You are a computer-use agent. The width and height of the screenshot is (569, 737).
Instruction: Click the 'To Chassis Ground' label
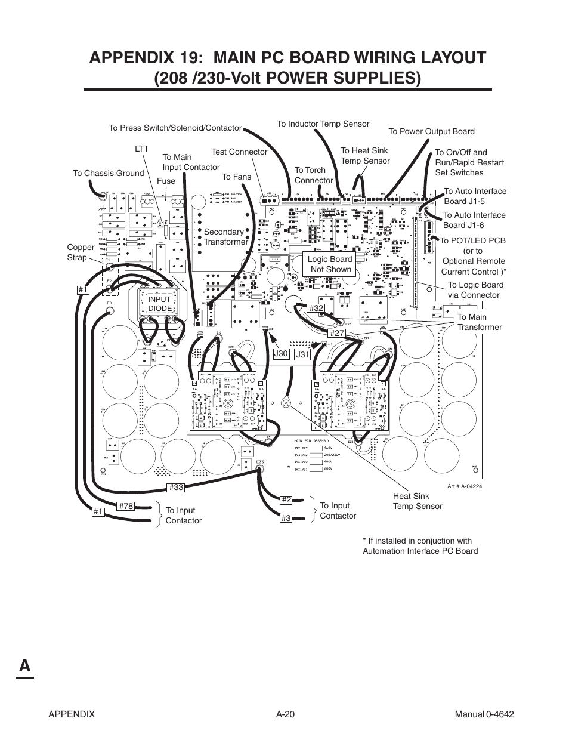108,173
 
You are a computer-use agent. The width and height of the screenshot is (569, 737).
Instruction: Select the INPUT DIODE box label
159,304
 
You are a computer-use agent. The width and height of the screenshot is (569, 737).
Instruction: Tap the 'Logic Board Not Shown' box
330,264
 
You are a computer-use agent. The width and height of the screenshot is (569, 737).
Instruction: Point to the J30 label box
280,354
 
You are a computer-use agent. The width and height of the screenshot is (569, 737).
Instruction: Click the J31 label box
303,354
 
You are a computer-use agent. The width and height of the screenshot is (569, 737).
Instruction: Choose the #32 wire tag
316,308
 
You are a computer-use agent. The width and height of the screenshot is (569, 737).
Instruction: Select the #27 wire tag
337,333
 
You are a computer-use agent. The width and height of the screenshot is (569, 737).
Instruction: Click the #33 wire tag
175,488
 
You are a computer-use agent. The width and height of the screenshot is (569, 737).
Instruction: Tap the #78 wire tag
126,506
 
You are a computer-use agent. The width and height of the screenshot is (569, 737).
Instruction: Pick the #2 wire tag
286,500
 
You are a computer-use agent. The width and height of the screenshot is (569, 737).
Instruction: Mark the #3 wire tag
286,519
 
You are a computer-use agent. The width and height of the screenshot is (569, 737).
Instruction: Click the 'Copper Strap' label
81,252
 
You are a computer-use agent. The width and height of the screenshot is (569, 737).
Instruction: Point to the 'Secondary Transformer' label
225,237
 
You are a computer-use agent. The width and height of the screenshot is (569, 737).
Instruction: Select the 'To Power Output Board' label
431,132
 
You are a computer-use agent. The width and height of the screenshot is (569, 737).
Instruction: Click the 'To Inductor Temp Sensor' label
323,124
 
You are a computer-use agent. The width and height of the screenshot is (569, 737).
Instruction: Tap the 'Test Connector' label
239,152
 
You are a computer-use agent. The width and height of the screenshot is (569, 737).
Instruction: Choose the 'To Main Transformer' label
480,322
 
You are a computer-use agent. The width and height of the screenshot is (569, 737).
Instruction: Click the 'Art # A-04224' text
464,486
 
